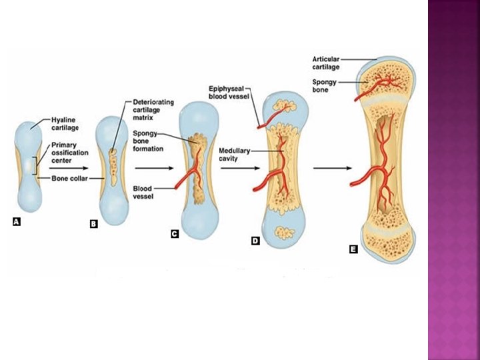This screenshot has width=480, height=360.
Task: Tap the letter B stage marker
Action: click(94, 225)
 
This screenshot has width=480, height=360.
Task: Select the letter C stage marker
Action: click(175, 234)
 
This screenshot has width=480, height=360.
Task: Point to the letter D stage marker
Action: click(255, 241)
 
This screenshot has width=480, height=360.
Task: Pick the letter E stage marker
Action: click(353, 249)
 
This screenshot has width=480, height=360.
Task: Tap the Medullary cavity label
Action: click(234, 155)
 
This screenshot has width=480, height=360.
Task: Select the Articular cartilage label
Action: click(327, 63)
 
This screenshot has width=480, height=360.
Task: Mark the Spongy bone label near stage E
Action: click(323, 85)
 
